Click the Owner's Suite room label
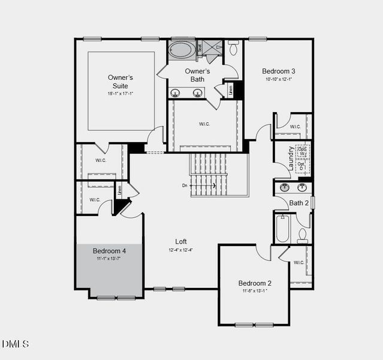pyautogui.click(x=120, y=82)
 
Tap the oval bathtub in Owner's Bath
pyautogui.click(x=181, y=50)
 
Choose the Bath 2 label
pyautogui.click(x=298, y=203)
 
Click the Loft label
pyautogui.click(x=180, y=241)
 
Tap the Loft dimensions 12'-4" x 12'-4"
pyautogui.click(x=180, y=250)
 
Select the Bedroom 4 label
pyautogui.click(x=109, y=250)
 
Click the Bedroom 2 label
pyautogui.click(x=255, y=283)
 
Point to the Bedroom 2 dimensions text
pyautogui.click(x=255, y=291)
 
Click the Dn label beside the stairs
pyautogui.click(x=185, y=186)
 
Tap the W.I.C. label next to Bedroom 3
pyautogui.click(x=295, y=127)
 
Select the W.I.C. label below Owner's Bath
pyautogui.click(x=204, y=124)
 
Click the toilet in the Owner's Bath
pyautogui.click(x=233, y=47)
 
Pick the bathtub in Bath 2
pyautogui.click(x=282, y=227)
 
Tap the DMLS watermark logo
pyautogui.click(x=15, y=344)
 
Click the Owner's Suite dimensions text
pyautogui.click(x=120, y=94)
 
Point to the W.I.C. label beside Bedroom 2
pyautogui.click(x=298, y=262)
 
